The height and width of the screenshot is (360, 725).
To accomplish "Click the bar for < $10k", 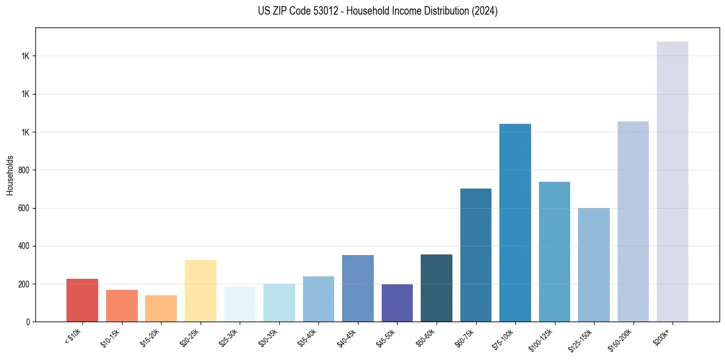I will (x=82, y=300).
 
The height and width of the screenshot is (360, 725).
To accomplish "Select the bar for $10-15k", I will (x=122, y=306).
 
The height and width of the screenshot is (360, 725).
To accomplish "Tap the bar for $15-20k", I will (x=161, y=309).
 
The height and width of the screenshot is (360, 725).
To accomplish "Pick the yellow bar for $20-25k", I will (x=201, y=291).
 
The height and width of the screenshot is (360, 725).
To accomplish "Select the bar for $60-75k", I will (x=476, y=255).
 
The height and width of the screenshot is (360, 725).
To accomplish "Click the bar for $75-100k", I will (x=515, y=223).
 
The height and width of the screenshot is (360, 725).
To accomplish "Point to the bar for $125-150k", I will (x=594, y=265).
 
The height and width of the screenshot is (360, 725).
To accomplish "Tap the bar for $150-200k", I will (x=633, y=221).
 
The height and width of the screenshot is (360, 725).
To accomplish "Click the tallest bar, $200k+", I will (x=673, y=182).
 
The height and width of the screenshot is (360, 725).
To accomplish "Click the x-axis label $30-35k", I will (x=269, y=337).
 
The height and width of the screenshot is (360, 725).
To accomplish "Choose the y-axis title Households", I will (x=10, y=175).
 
